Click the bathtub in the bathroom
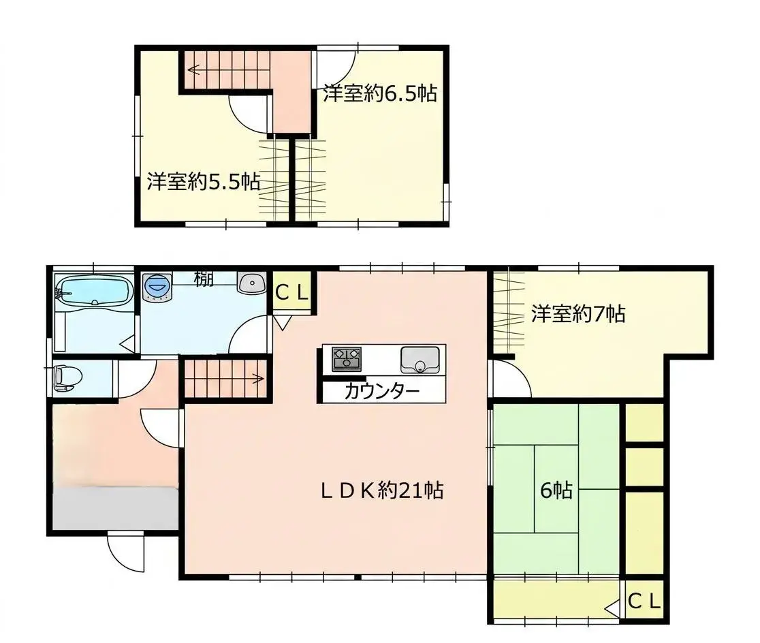94,290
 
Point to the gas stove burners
347,360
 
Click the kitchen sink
419,360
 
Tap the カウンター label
382,391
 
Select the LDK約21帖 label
382,490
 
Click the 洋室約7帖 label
577,314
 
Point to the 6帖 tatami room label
556,490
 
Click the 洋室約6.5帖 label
381,93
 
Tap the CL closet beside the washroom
291,292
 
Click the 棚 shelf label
204,279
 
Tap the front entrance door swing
125,552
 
